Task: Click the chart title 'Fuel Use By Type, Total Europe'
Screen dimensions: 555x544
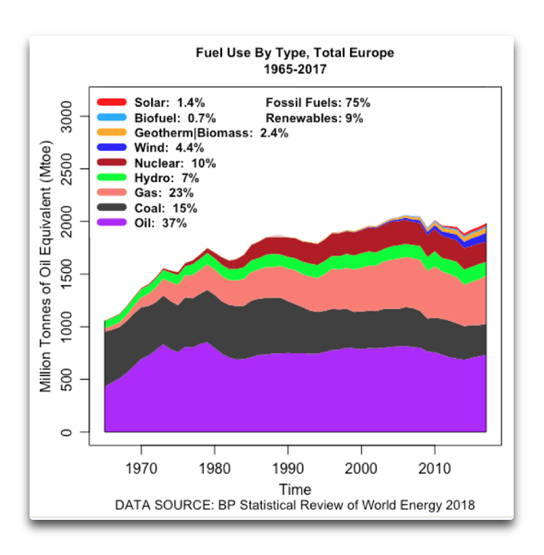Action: [x=295, y=54]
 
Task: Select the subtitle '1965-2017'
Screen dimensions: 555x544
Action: [x=295, y=69]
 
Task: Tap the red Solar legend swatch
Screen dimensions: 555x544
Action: [x=112, y=102]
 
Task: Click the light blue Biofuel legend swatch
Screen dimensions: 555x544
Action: [x=112, y=117]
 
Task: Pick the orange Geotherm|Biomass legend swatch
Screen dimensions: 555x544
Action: [x=112, y=133]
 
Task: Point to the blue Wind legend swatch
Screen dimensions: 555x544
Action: [x=112, y=148]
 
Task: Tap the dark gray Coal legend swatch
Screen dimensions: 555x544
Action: [x=112, y=208]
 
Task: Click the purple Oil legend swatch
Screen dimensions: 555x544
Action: [x=112, y=223]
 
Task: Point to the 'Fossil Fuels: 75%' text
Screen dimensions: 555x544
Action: [x=317, y=103]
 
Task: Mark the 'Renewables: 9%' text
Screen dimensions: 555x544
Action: [x=314, y=118]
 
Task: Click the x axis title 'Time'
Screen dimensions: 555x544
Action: [x=295, y=489]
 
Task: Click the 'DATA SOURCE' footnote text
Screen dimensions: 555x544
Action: [x=295, y=505]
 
